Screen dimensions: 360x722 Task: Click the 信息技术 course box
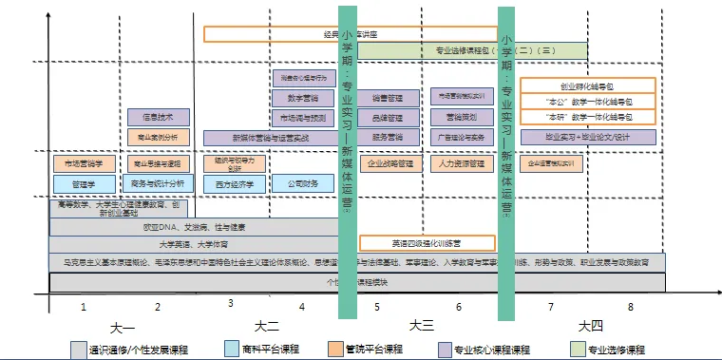pyautogui.click(x=158, y=117)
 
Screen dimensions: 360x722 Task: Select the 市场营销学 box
pyautogui.click(x=84, y=162)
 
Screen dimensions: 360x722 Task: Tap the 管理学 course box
pyautogui.click(x=84, y=183)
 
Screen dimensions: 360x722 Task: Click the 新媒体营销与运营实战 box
pyautogui.click(x=271, y=138)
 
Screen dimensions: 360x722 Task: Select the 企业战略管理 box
pyautogui.click(x=390, y=162)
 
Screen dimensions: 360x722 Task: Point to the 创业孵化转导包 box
pyautogui.click(x=588, y=85)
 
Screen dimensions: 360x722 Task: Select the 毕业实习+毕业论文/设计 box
pyautogui.click(x=588, y=138)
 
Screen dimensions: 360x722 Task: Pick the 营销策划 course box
pyautogui.click(x=460, y=117)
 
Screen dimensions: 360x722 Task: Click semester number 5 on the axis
pyautogui.click(x=377, y=307)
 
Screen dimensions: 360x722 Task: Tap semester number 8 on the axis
pyautogui.click(x=629, y=307)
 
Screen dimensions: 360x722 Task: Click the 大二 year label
pyautogui.click(x=267, y=325)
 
